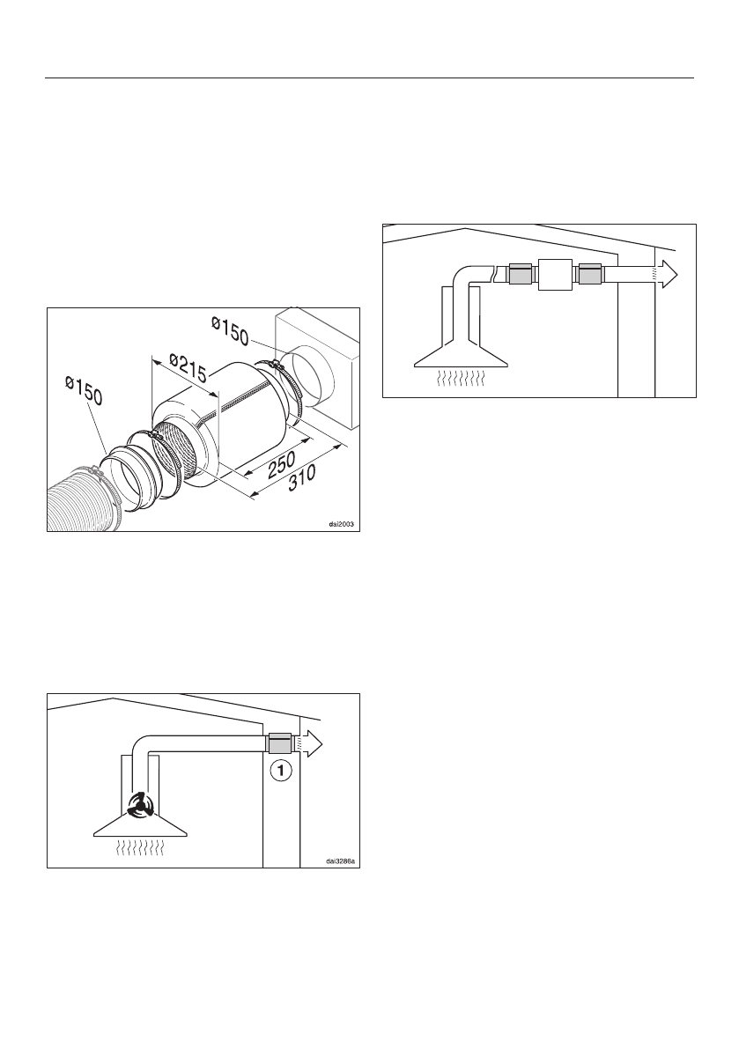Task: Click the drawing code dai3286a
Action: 338,861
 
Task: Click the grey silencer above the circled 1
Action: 280,743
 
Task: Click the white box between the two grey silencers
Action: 554,276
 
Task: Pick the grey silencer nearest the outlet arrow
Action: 588,275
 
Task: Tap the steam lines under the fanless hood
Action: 459,380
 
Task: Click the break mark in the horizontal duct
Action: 499,274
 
